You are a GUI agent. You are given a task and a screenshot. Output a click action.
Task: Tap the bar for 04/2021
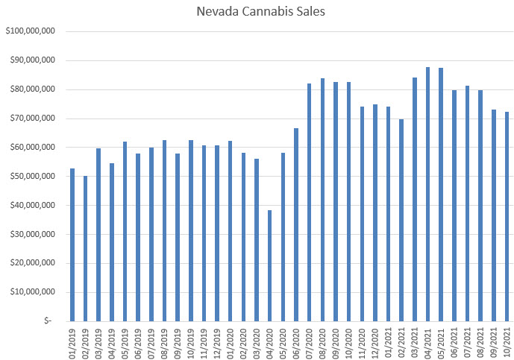[428, 194]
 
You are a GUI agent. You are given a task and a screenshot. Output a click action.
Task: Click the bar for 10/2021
[507, 216]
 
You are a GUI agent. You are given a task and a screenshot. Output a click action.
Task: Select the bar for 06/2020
[296, 224]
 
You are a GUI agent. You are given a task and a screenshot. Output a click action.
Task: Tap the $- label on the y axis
[48, 321]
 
